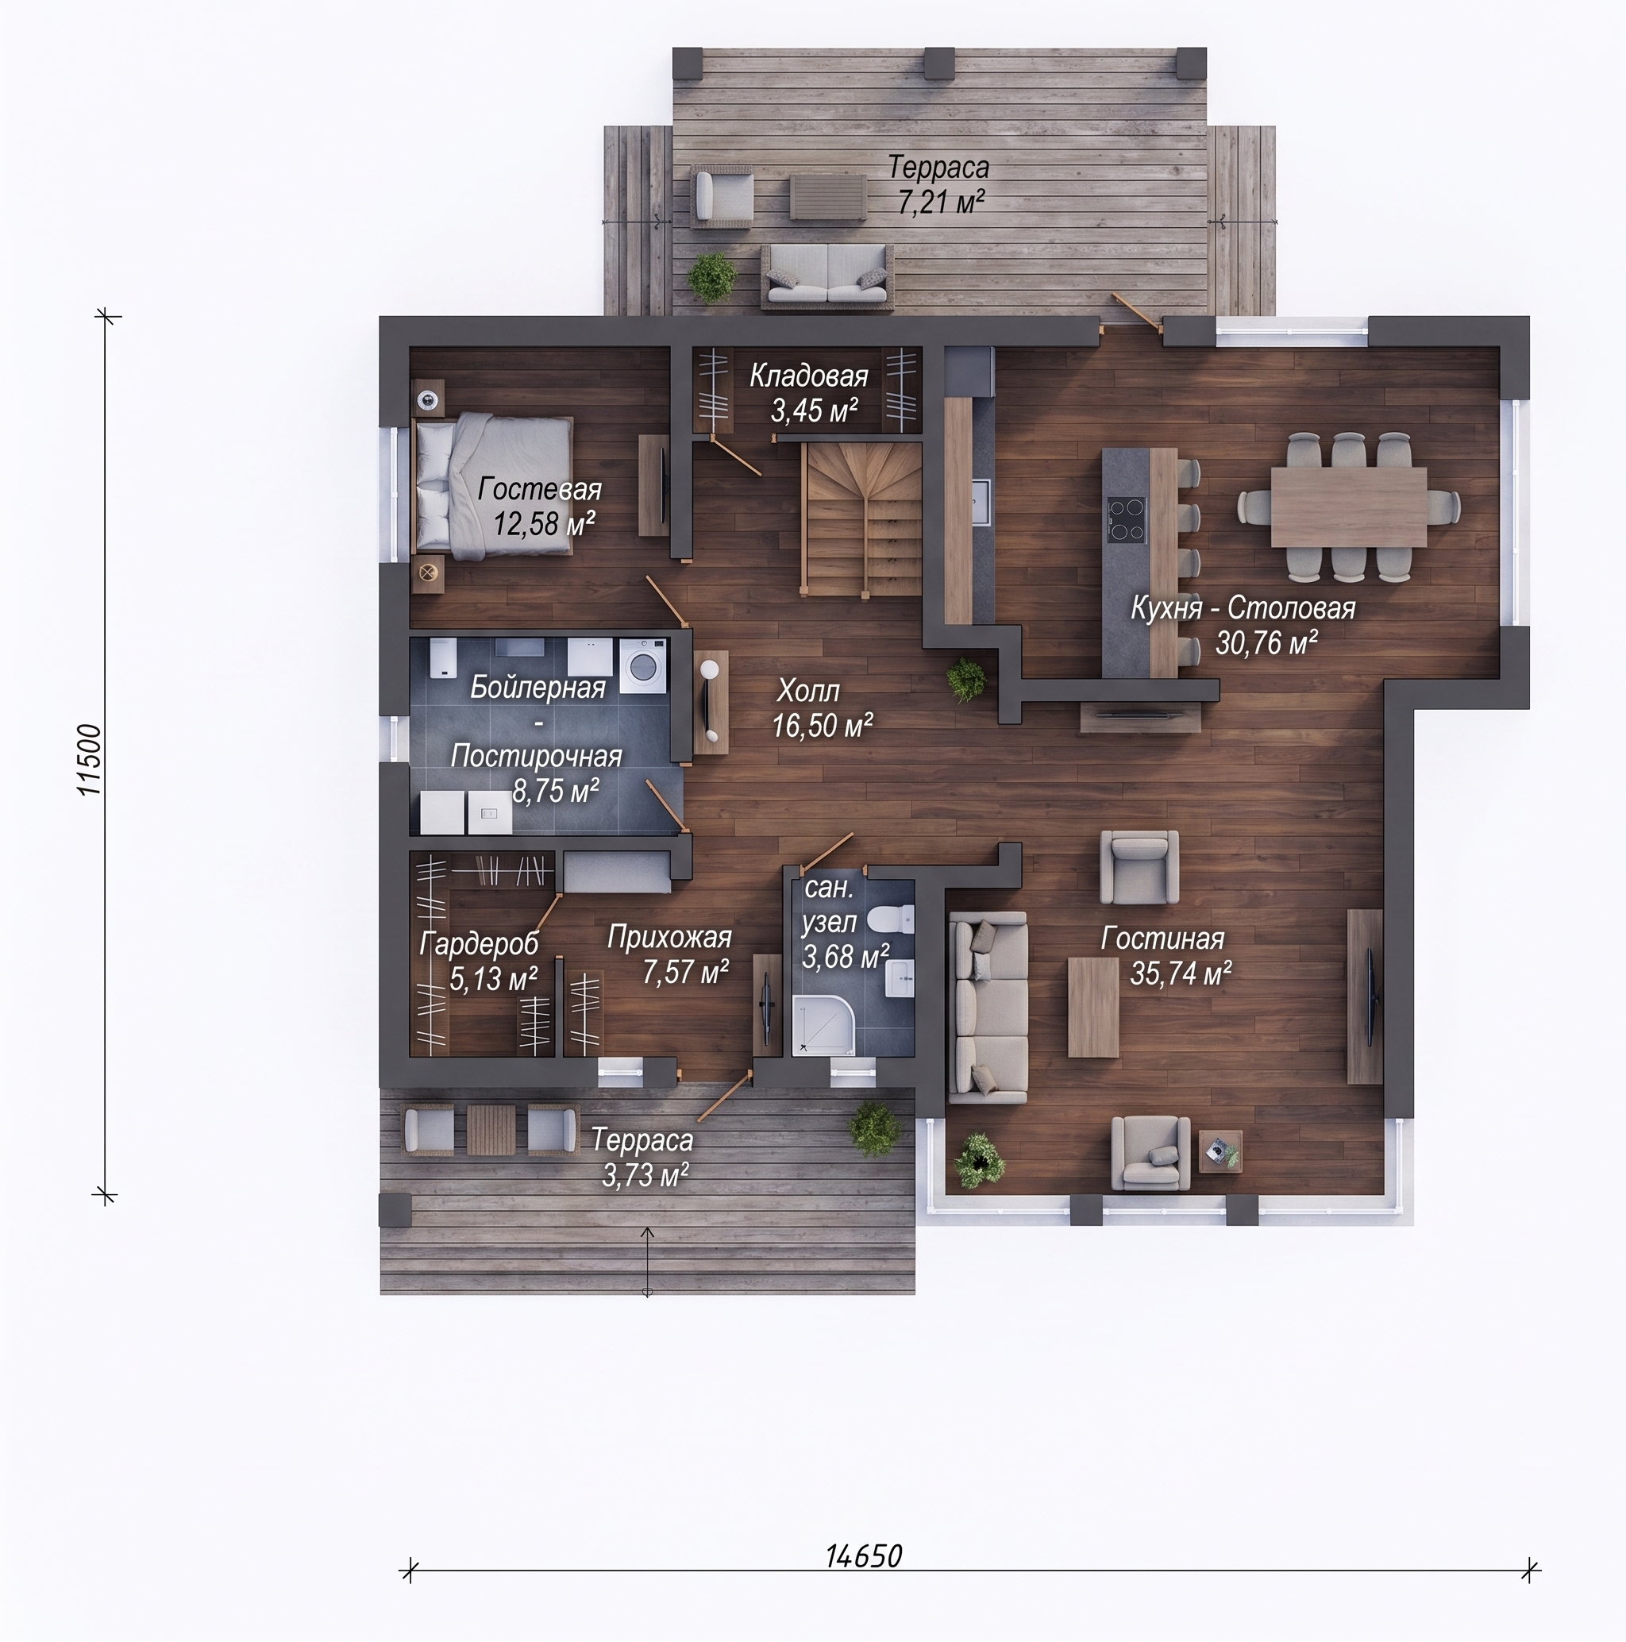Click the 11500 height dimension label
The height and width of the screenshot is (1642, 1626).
[x=89, y=760]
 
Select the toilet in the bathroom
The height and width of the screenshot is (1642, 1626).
[x=895, y=921]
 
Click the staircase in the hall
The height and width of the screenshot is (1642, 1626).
[x=863, y=520]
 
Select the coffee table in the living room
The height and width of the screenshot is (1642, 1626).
[x=1093, y=1007]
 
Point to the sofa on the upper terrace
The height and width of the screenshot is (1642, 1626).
[x=827, y=276]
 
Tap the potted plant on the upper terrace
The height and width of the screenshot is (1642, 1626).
[x=711, y=276]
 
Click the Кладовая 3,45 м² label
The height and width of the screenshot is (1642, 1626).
[x=809, y=393]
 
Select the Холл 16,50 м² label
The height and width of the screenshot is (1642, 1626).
[x=822, y=708]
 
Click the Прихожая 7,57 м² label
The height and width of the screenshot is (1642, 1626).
[x=670, y=954]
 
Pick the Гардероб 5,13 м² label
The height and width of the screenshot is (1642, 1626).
[x=480, y=962]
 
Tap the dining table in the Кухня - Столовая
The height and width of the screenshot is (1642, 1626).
[x=1348, y=507]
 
